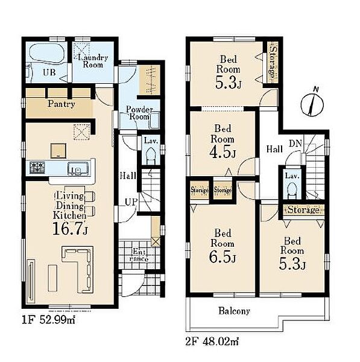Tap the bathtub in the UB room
click(x=46, y=53)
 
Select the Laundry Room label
click(x=93, y=61)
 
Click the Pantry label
click(x=61, y=104)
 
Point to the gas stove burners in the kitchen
click(x=37, y=168)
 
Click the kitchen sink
click(x=78, y=168)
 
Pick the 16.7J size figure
click(x=70, y=229)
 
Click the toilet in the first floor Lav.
click(x=151, y=156)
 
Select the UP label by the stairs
click(x=131, y=202)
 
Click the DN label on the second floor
click(x=295, y=144)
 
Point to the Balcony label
click(x=234, y=311)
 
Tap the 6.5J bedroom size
click(x=223, y=256)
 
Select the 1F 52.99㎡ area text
click(x=48, y=320)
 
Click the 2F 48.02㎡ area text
click(x=212, y=341)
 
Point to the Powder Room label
click(x=139, y=113)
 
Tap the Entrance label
click(x=139, y=255)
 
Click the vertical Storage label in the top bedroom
click(x=273, y=62)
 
